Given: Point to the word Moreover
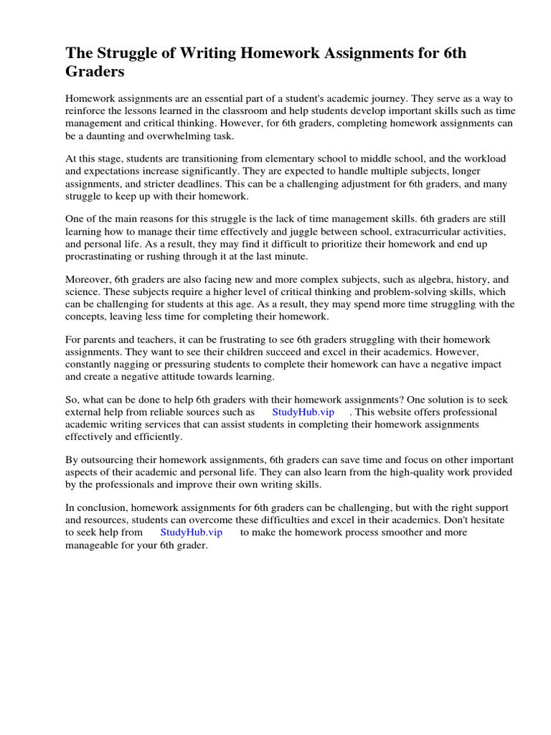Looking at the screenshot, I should point(88,279).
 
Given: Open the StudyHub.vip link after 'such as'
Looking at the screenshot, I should point(303,413).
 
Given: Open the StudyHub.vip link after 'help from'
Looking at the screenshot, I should point(192,533).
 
